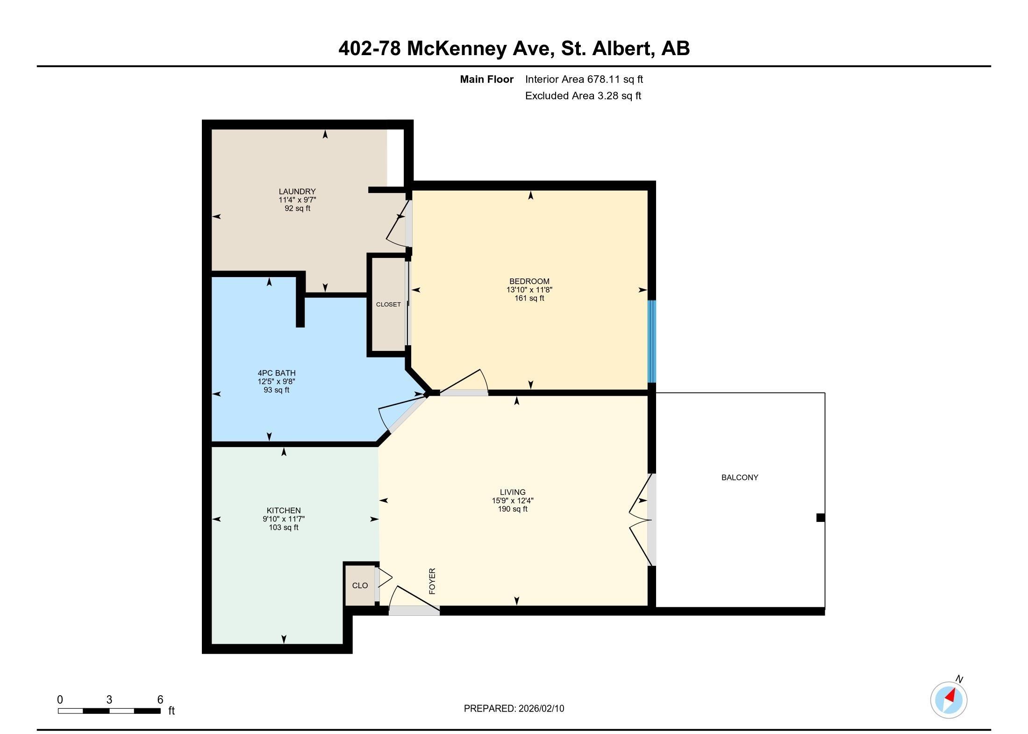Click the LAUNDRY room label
(x=297, y=192)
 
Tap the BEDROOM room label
(x=529, y=281)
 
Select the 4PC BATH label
(x=277, y=373)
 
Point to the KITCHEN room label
(x=284, y=511)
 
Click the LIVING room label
(x=513, y=492)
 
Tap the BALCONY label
(x=740, y=477)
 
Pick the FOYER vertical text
(x=432, y=581)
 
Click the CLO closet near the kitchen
(x=360, y=585)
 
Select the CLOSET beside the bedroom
(x=388, y=305)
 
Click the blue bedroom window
(x=651, y=341)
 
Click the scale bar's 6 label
(x=160, y=699)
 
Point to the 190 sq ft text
(x=513, y=509)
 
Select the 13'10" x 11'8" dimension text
(x=529, y=290)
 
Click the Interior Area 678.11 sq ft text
(x=584, y=79)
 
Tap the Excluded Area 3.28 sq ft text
(x=583, y=96)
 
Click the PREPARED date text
(x=514, y=708)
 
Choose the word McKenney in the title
(x=457, y=49)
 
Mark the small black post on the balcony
(x=821, y=518)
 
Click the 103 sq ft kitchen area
(x=284, y=528)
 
